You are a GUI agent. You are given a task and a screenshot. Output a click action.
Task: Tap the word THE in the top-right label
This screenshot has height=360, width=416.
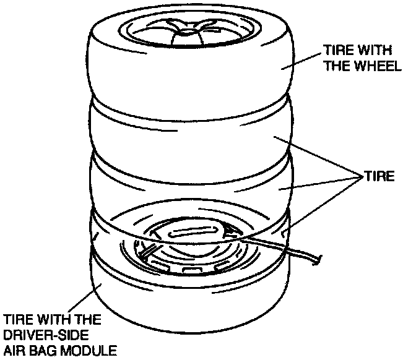click(336, 67)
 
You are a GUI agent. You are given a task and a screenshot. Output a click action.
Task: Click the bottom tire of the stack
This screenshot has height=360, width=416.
click(186, 303)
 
